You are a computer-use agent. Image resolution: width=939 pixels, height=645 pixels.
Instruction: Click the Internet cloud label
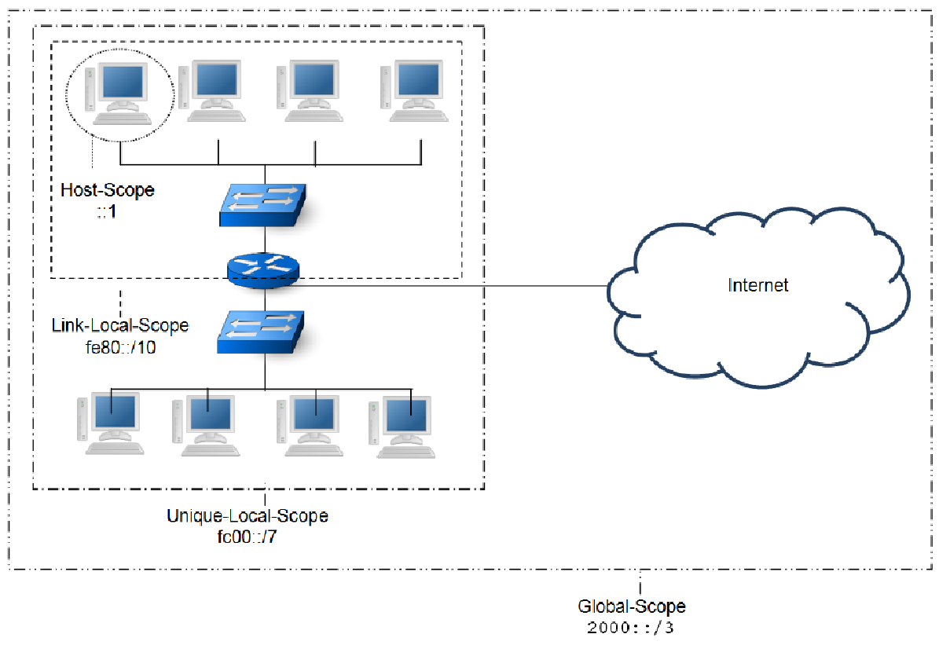[x=757, y=284]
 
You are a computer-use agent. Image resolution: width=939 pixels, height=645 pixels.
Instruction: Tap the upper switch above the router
[x=264, y=205]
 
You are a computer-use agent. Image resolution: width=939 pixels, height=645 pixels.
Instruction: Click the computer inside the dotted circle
[x=118, y=93]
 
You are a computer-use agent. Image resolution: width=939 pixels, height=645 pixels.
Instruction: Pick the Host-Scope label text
[x=108, y=190]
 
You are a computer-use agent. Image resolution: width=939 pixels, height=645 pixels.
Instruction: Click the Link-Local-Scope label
[x=120, y=325]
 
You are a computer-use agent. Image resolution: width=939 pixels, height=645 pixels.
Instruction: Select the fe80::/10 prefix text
[x=119, y=346]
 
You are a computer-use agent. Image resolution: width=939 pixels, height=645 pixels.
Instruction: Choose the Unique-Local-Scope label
[x=247, y=516]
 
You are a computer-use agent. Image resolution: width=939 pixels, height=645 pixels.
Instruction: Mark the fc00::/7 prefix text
[x=247, y=537]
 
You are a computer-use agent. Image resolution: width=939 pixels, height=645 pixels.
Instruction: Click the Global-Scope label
[x=631, y=607]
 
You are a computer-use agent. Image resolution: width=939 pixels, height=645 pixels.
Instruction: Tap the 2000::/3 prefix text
[x=631, y=629]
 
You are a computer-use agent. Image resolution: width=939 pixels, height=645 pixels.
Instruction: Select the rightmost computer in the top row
[x=414, y=92]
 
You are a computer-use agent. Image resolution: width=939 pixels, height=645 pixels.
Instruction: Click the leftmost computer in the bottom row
[x=111, y=424]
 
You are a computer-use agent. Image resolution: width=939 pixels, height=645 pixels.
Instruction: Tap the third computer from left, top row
[x=310, y=92]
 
